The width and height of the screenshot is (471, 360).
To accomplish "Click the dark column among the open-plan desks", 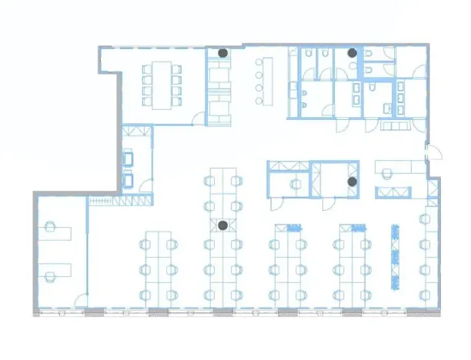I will (222, 225).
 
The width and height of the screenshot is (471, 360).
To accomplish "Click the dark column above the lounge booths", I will (222, 53).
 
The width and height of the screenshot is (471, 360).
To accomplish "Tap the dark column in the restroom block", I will (352, 53).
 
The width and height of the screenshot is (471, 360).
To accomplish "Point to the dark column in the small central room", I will (352, 182).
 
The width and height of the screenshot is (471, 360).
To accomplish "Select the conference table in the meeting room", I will (161, 84).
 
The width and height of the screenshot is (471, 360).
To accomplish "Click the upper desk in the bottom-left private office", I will (59, 232).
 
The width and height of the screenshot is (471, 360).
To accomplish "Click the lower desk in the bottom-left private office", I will (59, 270).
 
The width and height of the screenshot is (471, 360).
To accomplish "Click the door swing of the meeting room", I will (199, 118).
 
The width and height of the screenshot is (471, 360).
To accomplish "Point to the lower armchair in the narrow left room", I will (130, 180).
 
